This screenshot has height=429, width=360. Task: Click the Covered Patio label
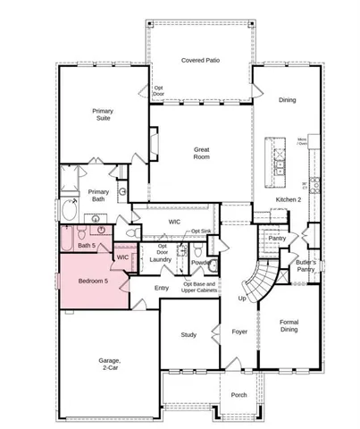coord(201,59)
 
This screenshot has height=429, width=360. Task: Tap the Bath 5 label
coord(86,245)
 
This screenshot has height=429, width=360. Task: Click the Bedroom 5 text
coord(93,282)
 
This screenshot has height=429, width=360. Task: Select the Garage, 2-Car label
coord(110,364)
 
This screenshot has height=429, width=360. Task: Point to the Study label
coord(188,335)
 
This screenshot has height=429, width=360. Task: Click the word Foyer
coord(239,332)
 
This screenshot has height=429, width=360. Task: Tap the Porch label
coord(239,395)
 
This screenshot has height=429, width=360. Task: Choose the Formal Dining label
coord(287,327)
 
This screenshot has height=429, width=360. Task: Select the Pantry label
coord(277,238)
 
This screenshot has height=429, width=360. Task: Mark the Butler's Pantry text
coord(306,265)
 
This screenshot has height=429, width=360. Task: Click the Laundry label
coord(161,259)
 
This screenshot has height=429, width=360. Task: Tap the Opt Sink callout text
coord(201,231)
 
